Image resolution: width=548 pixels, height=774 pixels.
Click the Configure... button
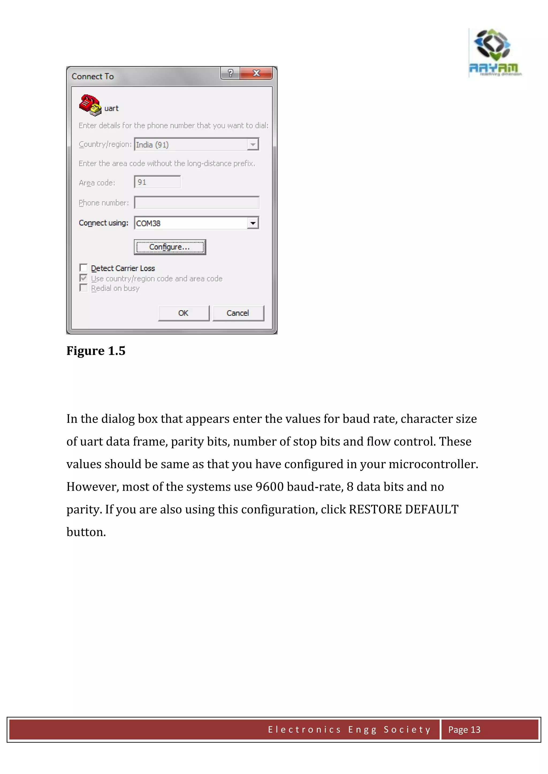170,247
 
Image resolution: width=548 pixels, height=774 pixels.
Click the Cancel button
238,313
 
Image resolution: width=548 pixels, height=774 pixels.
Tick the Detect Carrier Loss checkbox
83,268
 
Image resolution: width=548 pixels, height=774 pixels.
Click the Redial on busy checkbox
83,288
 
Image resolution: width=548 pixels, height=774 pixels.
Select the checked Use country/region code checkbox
83,278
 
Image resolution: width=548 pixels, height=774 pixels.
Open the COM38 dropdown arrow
253,223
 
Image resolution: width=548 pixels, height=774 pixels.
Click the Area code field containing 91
157,182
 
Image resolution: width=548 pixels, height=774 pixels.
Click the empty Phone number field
197,203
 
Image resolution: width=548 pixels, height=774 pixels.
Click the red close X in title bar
256,73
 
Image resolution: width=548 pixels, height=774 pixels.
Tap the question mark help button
230,73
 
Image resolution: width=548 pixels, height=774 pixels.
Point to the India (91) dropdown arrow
253,145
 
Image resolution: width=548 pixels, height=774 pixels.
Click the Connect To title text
93,76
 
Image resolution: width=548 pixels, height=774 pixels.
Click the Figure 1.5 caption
96,351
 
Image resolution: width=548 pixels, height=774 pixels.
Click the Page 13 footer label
464,730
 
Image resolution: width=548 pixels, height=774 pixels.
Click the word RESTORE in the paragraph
375,509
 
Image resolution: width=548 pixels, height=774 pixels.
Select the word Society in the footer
407,730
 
